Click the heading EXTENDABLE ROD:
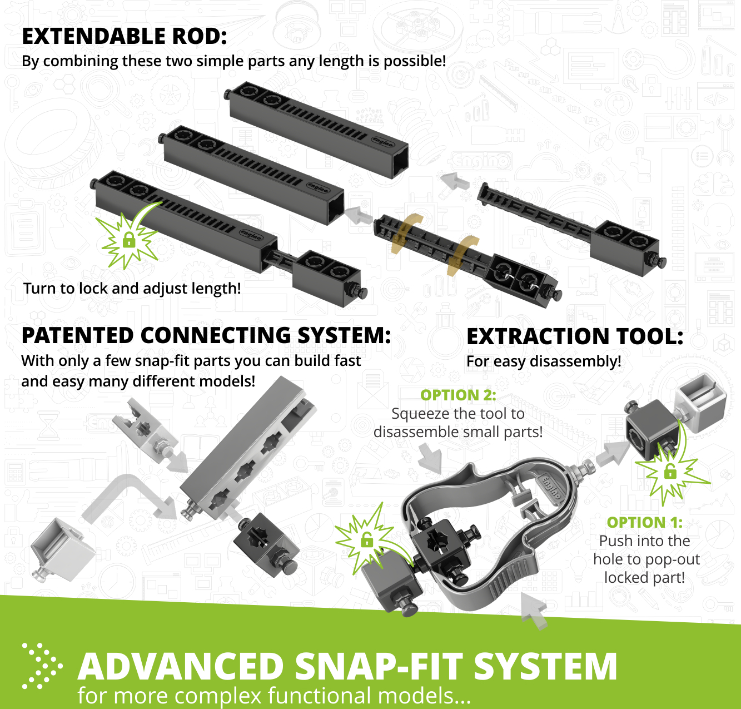tap(124, 37)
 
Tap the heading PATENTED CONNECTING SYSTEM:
tap(206, 336)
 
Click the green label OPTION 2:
tap(458, 395)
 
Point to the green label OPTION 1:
tap(645, 522)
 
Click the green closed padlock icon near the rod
tap(129, 240)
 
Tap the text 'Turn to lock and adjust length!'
tap(132, 289)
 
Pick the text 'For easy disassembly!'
tap(544, 361)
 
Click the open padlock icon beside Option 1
tap(670, 473)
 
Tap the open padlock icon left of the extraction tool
tap(366, 539)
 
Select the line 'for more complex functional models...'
tap(274, 696)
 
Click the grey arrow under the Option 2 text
tap(430, 460)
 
